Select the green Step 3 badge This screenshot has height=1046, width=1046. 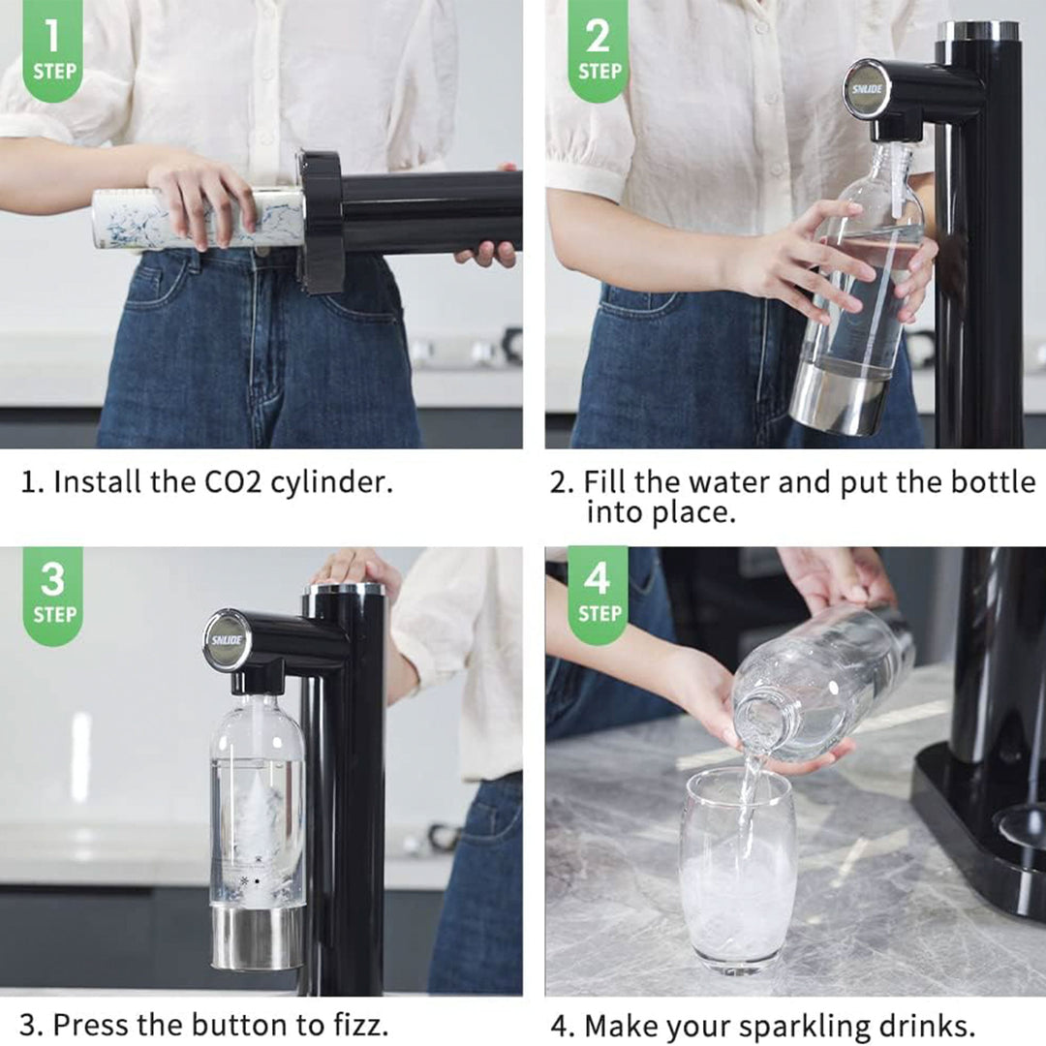coord(52,592)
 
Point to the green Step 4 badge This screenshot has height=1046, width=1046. coord(598,592)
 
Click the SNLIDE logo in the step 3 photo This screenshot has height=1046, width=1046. coord(227,639)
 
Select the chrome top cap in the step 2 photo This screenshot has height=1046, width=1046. coord(978,31)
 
